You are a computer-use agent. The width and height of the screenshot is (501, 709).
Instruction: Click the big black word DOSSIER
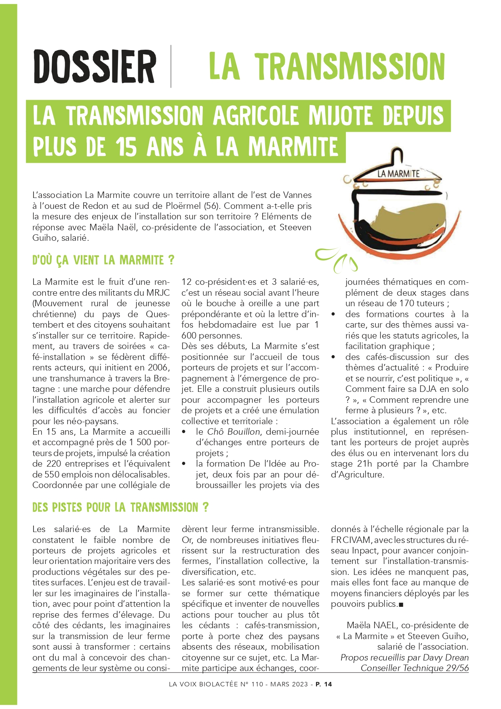[95, 66]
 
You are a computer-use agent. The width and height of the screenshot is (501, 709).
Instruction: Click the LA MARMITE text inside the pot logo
[398, 174]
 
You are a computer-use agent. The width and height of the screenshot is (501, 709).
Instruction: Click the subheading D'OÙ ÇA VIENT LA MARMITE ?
[103, 260]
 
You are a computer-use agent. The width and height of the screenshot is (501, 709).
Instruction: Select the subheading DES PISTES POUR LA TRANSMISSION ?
[120, 507]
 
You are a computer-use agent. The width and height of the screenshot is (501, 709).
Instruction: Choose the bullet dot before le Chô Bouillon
[184, 432]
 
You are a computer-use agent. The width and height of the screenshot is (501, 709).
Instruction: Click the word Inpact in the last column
[365, 551]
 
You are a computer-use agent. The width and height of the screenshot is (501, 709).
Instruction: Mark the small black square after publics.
[401, 605]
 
